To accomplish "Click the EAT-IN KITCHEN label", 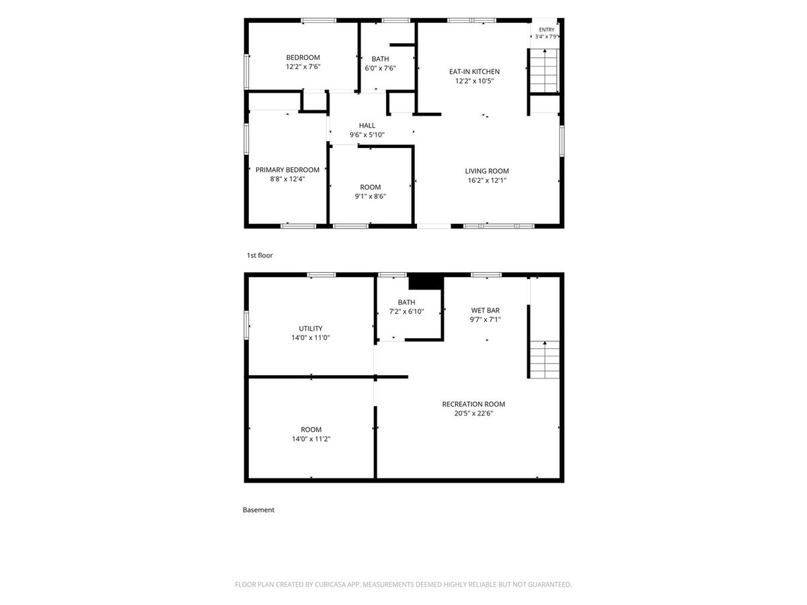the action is tap(474, 72).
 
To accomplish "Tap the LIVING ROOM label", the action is tap(487, 171).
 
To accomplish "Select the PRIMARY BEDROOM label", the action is tap(287, 169).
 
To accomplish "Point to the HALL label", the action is tap(367, 126).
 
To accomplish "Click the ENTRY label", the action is tap(546, 30).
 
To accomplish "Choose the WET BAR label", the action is tap(486, 311).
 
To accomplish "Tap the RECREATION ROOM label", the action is tap(473, 404).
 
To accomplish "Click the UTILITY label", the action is tap(311, 329).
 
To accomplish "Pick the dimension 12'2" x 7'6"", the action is tap(303, 67).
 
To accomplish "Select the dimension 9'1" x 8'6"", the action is tap(371, 196).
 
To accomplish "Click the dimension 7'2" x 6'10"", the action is tap(406, 312).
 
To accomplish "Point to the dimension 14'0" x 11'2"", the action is tap(311, 439).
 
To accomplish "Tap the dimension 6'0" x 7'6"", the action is tap(380, 69).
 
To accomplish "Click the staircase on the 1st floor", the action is tap(544, 71).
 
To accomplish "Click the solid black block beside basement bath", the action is tap(426, 282).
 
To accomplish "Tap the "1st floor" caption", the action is tap(260, 255).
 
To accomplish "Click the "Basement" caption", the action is tap(258, 510).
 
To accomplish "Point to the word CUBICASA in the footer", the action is tap(330, 584).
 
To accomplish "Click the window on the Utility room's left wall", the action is tap(246, 325).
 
